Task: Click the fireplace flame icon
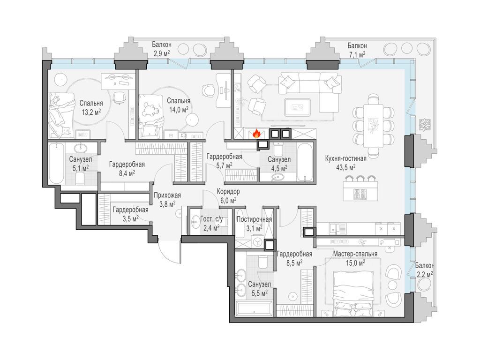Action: point(256,133)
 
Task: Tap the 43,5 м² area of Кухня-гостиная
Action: point(345,167)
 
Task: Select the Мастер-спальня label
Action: point(355,254)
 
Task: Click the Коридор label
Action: point(228,192)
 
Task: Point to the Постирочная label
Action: point(254,219)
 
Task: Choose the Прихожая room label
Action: point(167,195)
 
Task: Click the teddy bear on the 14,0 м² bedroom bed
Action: point(150,109)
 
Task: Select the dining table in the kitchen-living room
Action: point(374,126)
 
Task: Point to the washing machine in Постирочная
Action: point(258,242)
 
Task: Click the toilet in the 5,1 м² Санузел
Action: point(79,179)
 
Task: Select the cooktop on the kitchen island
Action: point(360,194)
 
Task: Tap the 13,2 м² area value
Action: point(91,112)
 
